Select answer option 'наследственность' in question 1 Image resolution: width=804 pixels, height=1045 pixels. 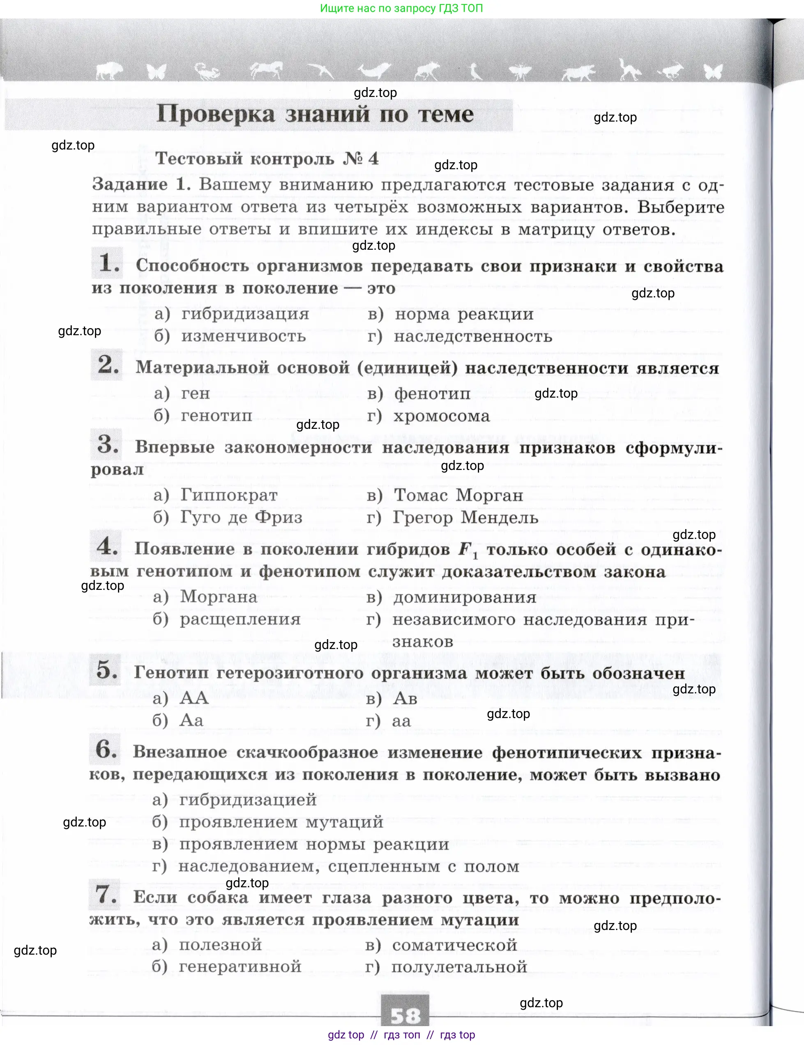472,336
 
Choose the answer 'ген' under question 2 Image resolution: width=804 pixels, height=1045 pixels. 195,393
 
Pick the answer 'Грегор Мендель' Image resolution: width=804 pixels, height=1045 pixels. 465,517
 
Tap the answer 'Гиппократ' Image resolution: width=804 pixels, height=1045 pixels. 229,495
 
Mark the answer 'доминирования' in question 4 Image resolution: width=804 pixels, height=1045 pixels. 464,597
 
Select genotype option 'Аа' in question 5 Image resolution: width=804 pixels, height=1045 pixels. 191,720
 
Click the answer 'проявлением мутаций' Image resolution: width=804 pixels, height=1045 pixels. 281,822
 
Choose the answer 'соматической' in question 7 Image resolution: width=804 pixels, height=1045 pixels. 454,945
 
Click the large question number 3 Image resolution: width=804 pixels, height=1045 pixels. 108,444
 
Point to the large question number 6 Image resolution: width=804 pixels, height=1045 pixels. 106,749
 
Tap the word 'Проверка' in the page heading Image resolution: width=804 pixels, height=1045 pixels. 216,114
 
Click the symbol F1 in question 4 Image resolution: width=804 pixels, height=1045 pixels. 467,550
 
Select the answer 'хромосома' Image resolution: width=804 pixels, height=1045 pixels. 441,416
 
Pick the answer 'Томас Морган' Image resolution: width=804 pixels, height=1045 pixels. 458,495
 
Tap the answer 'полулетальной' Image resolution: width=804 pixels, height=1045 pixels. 459,967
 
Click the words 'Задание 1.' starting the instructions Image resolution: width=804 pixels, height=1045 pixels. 141,184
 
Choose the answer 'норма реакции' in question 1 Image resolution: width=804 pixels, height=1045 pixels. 464,314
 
